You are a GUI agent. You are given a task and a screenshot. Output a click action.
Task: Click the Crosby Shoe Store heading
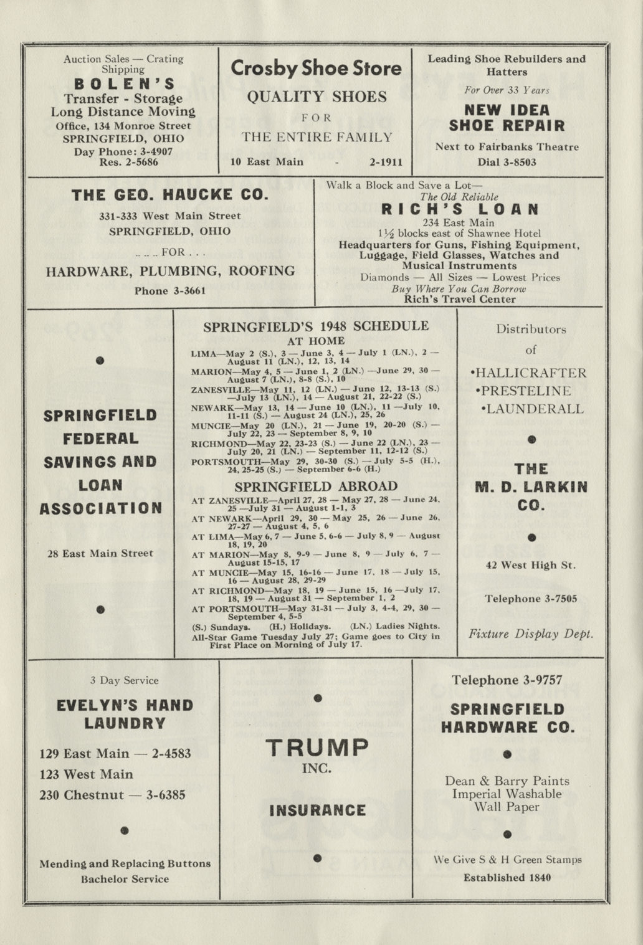(316, 68)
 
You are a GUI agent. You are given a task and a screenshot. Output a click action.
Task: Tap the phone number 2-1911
(386, 162)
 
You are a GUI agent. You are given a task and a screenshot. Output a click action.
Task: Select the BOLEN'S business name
(124, 84)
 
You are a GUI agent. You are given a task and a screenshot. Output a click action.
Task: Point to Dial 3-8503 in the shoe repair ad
(507, 162)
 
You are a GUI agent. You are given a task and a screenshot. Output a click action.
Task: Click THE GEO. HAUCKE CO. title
(169, 195)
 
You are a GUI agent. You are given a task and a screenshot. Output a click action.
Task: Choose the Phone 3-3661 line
(169, 291)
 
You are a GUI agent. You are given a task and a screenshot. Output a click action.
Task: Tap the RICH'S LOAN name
(459, 209)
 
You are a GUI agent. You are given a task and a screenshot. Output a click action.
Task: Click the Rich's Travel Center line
(459, 299)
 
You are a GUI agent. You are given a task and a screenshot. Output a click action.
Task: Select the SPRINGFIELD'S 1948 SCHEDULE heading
(316, 326)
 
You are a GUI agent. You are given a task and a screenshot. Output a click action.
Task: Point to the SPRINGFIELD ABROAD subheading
(316, 487)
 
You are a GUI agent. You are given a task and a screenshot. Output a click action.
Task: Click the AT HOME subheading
(316, 341)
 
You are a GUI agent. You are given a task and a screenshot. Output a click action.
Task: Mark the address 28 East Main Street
(100, 553)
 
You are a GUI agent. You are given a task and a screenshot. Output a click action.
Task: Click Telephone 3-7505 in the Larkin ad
(531, 599)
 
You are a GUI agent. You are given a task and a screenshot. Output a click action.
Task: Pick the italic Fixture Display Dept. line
(531, 634)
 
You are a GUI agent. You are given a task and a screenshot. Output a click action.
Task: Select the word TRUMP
(317, 747)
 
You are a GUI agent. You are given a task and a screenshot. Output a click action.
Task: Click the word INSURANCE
(317, 810)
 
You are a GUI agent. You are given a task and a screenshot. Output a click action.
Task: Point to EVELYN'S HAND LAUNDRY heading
(125, 714)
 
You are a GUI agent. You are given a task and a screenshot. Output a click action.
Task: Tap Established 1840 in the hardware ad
(506, 878)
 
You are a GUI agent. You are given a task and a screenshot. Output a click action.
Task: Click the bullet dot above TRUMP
(317, 698)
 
